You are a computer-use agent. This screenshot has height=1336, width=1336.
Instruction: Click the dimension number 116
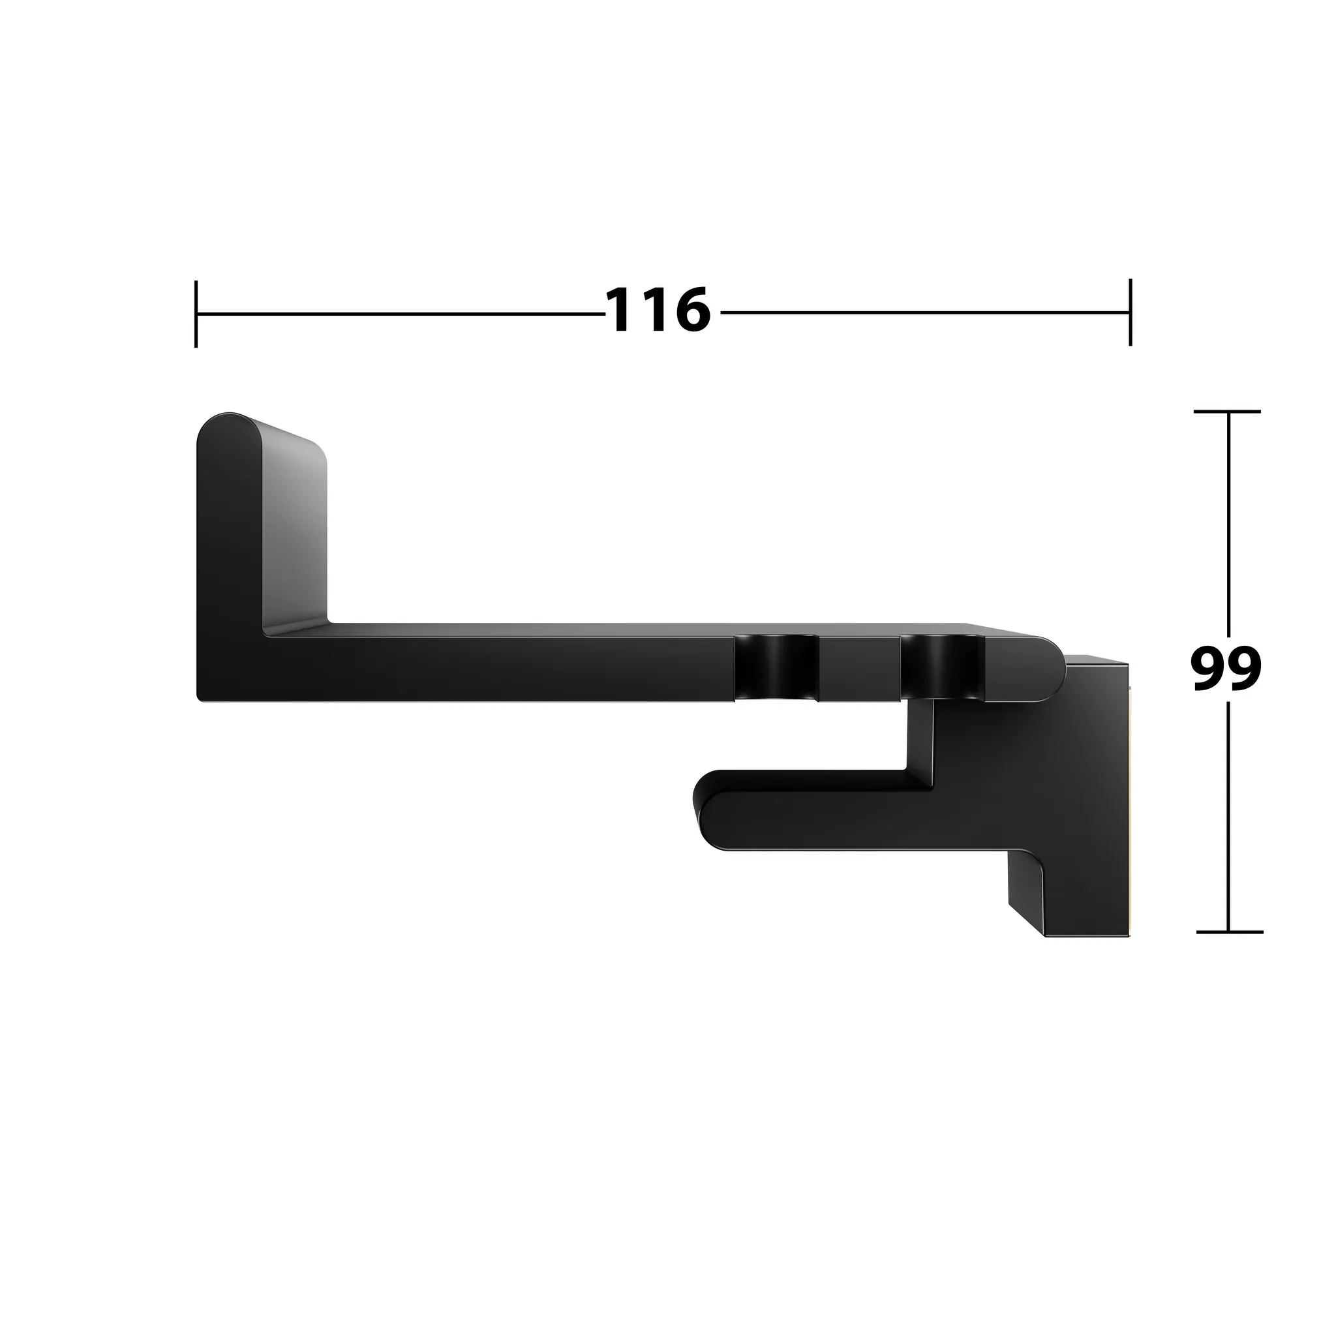tap(658, 311)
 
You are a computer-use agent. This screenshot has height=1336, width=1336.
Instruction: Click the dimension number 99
tap(1226, 669)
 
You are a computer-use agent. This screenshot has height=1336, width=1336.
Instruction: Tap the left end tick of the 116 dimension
tap(196, 313)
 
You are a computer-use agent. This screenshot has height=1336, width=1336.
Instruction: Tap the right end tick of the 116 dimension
tap(1131, 312)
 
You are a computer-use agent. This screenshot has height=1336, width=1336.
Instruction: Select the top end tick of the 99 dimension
tap(1228, 412)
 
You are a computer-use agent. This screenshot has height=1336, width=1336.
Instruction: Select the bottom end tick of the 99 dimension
tap(1229, 932)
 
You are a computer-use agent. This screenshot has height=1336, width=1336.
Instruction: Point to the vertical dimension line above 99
tap(1228, 526)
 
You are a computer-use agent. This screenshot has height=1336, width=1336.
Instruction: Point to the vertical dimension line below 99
tap(1228, 816)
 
